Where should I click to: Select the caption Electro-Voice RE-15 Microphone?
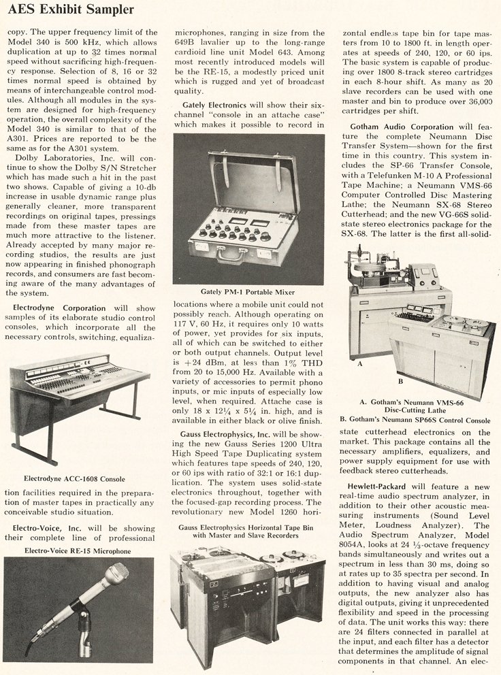[x=78, y=550]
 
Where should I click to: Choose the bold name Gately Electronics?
[x=223, y=103]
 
